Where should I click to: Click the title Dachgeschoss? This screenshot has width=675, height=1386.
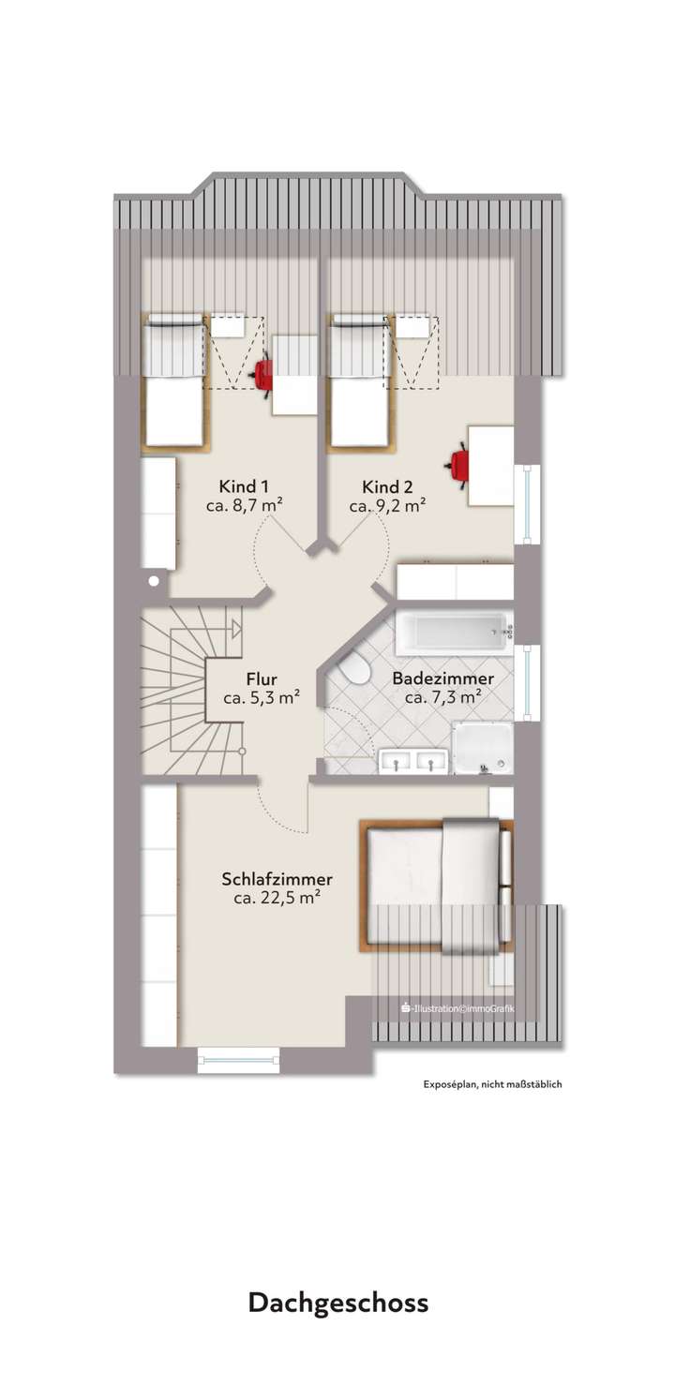pyautogui.click(x=337, y=1303)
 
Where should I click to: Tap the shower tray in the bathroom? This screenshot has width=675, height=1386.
pyautogui.click(x=482, y=749)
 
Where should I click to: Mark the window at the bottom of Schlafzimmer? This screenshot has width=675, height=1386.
pyautogui.click(x=239, y=1061)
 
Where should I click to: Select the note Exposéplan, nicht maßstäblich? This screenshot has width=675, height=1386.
pyautogui.click(x=491, y=1084)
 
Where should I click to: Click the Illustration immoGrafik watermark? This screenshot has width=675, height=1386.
pyautogui.click(x=457, y=1008)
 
